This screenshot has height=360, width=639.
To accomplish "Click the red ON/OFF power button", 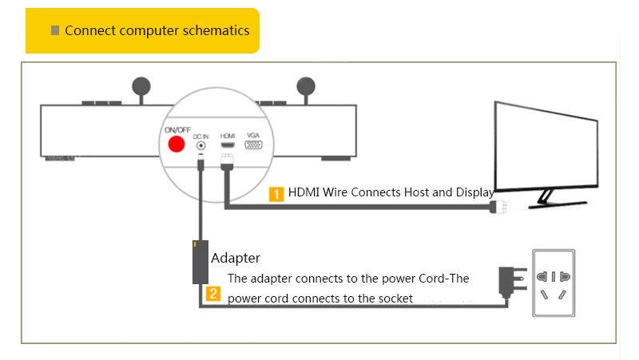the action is [x=177, y=144].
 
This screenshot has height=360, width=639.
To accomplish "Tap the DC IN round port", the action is [x=201, y=145].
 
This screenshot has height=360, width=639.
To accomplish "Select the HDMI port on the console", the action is [x=228, y=145].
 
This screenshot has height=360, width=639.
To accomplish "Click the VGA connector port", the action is [x=253, y=144].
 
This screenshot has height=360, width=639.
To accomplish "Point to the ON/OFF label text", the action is [x=177, y=130].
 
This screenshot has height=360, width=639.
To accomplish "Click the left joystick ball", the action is [x=141, y=86].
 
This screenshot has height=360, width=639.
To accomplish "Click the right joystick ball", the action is [x=306, y=86].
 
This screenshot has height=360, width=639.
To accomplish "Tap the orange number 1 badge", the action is [x=276, y=194].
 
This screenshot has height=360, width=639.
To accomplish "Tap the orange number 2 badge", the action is [x=213, y=294].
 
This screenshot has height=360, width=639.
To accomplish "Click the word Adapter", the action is [x=236, y=258].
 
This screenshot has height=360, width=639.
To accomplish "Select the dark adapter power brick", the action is [x=200, y=262].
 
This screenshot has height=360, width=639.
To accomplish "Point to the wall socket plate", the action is [x=554, y=283].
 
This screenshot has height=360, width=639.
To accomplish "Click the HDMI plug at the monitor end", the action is [x=498, y=207].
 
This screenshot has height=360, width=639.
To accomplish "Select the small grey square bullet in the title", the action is [x=55, y=30].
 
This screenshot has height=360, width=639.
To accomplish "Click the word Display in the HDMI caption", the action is [x=474, y=192].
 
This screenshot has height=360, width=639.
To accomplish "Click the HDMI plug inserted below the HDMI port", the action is [x=227, y=162].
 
